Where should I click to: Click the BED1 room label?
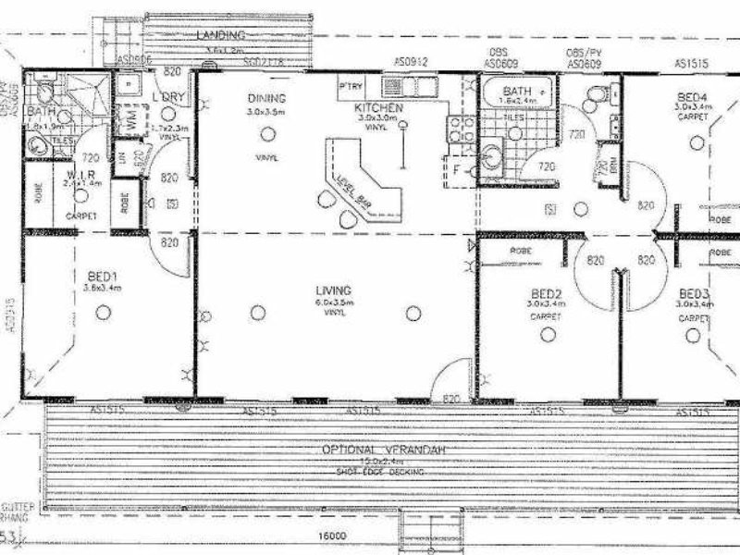102,277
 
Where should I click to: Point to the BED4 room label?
693,96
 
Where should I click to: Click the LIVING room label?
332,290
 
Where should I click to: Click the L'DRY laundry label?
165,97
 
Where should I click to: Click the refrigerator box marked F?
456,170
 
